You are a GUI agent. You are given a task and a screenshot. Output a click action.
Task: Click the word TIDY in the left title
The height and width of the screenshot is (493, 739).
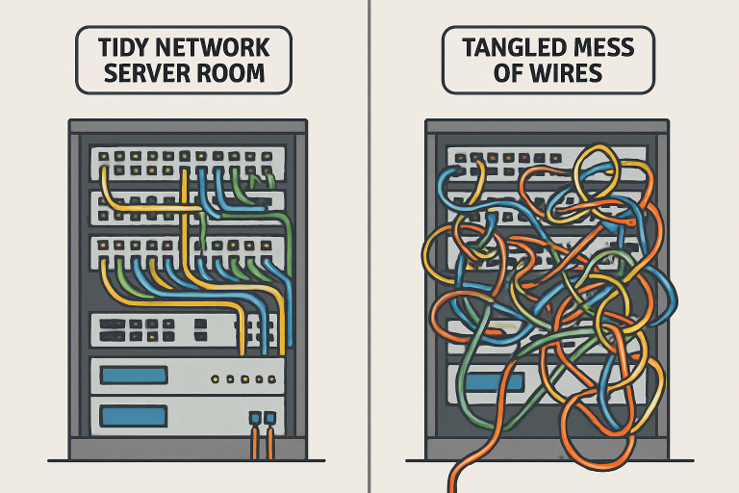click(122, 47)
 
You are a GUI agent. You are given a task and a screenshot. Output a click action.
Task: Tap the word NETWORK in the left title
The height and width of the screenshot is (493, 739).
click(219, 47)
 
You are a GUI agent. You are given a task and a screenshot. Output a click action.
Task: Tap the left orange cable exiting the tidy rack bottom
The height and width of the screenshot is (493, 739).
click(255, 443)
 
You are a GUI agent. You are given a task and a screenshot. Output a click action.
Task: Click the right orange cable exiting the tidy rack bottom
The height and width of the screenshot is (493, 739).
click(270, 443)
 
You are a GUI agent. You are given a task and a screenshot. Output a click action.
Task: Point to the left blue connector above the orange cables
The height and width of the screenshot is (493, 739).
click(255, 419)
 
